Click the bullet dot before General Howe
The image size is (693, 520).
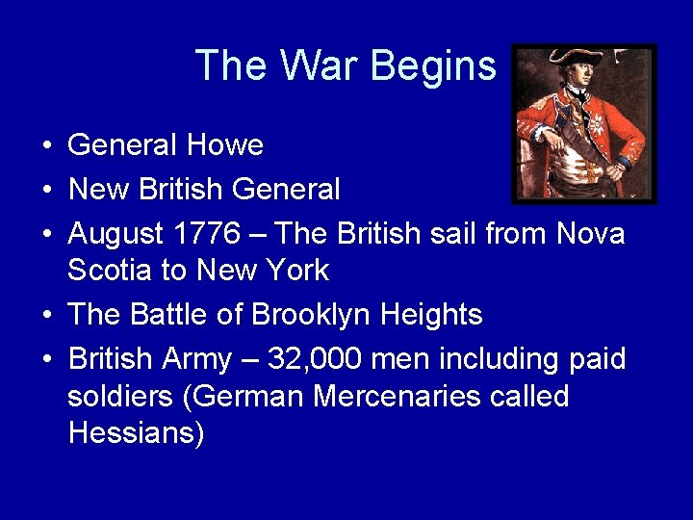46,146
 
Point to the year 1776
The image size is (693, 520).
208,234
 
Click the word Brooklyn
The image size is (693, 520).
313,315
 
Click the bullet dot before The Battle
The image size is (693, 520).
46,316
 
